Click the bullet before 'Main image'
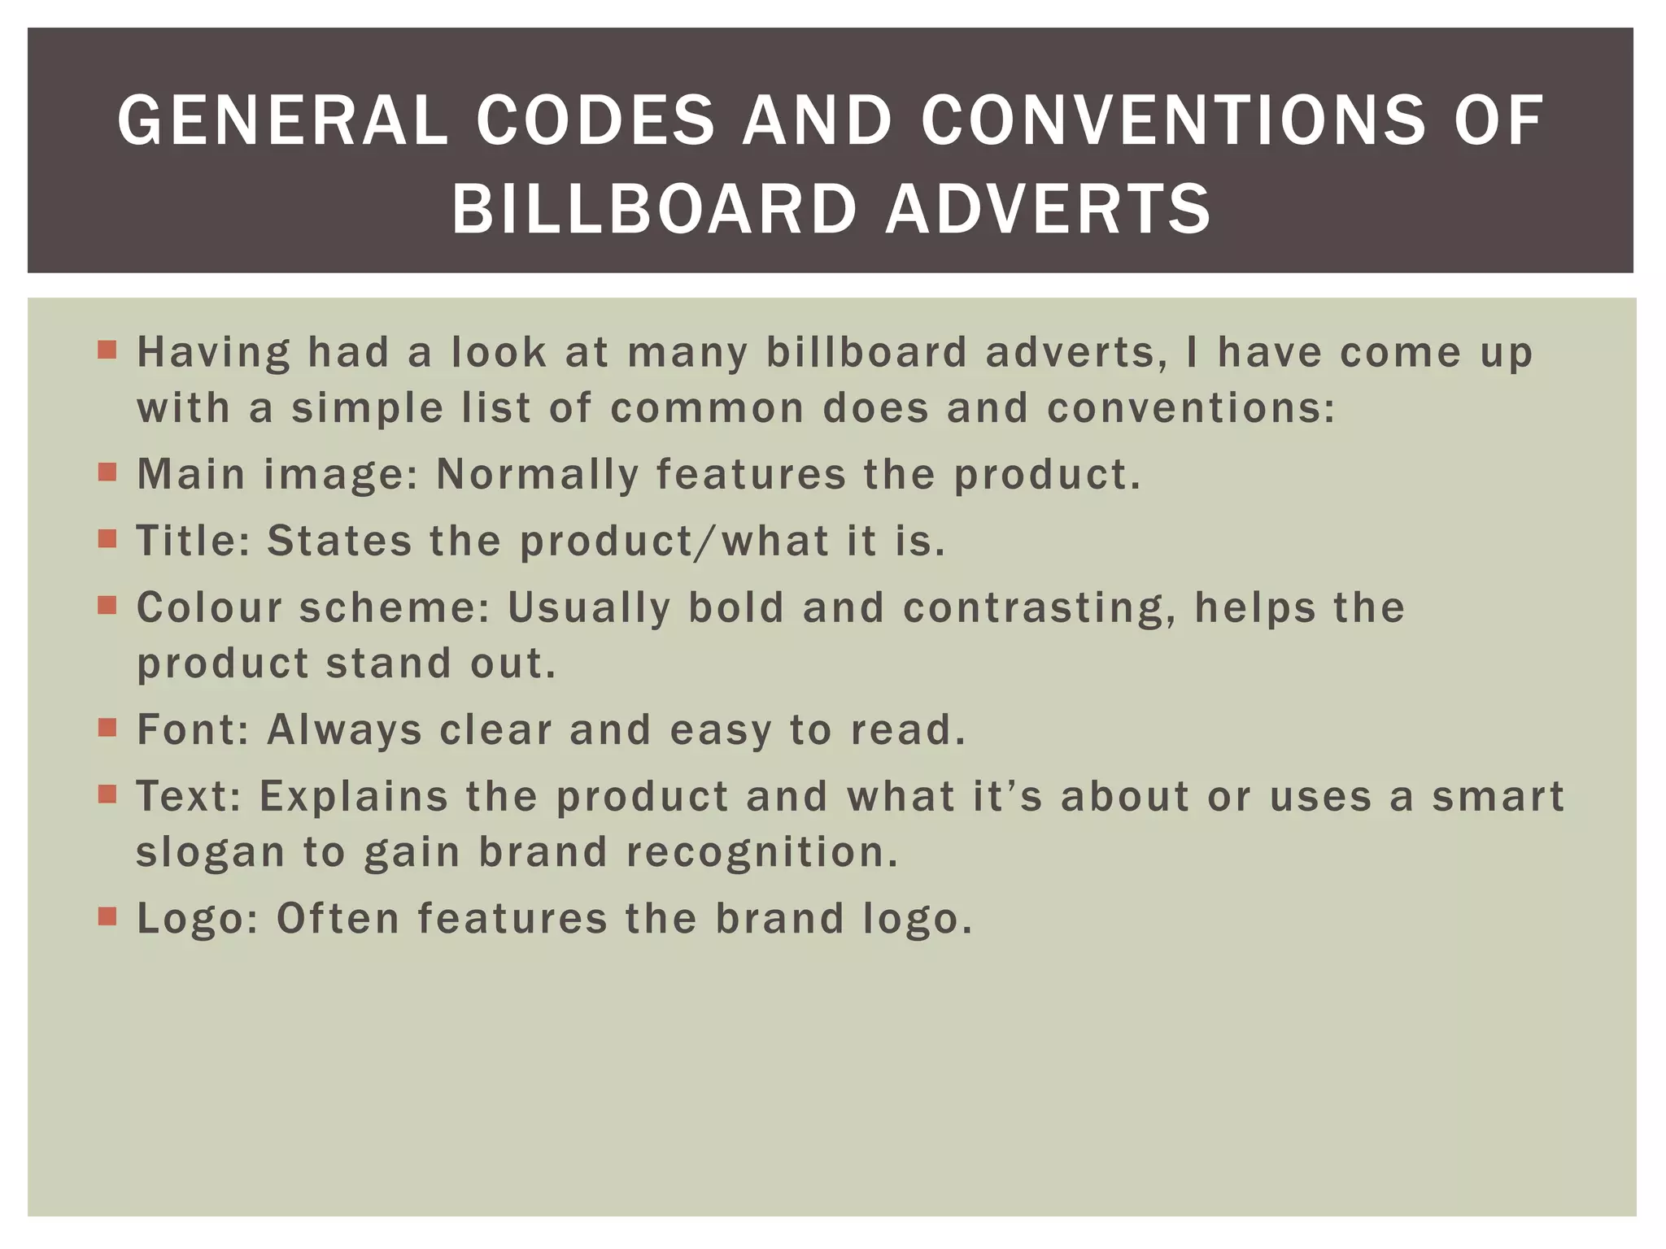107,472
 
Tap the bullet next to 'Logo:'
107,916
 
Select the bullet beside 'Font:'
107,727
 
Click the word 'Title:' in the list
194,541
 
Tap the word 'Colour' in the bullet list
210,607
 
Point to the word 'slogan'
210,852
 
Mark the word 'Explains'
354,796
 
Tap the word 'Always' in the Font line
345,729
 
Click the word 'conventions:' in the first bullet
1191,407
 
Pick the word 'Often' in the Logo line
338,919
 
